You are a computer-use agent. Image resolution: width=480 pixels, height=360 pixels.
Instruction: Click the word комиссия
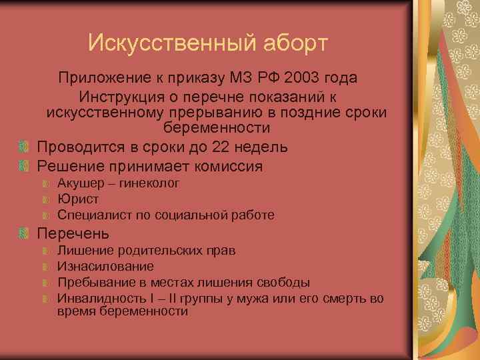(x=226, y=166)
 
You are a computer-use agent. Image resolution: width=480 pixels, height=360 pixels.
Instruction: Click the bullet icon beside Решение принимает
(x=24, y=166)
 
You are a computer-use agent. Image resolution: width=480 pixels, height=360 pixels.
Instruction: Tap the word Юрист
(x=78, y=199)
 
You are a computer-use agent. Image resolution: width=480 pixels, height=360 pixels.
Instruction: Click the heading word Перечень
(x=73, y=234)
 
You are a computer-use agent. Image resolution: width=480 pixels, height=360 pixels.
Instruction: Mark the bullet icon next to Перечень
(x=24, y=234)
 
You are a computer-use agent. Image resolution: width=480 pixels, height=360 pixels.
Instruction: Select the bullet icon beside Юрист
(x=45, y=199)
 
